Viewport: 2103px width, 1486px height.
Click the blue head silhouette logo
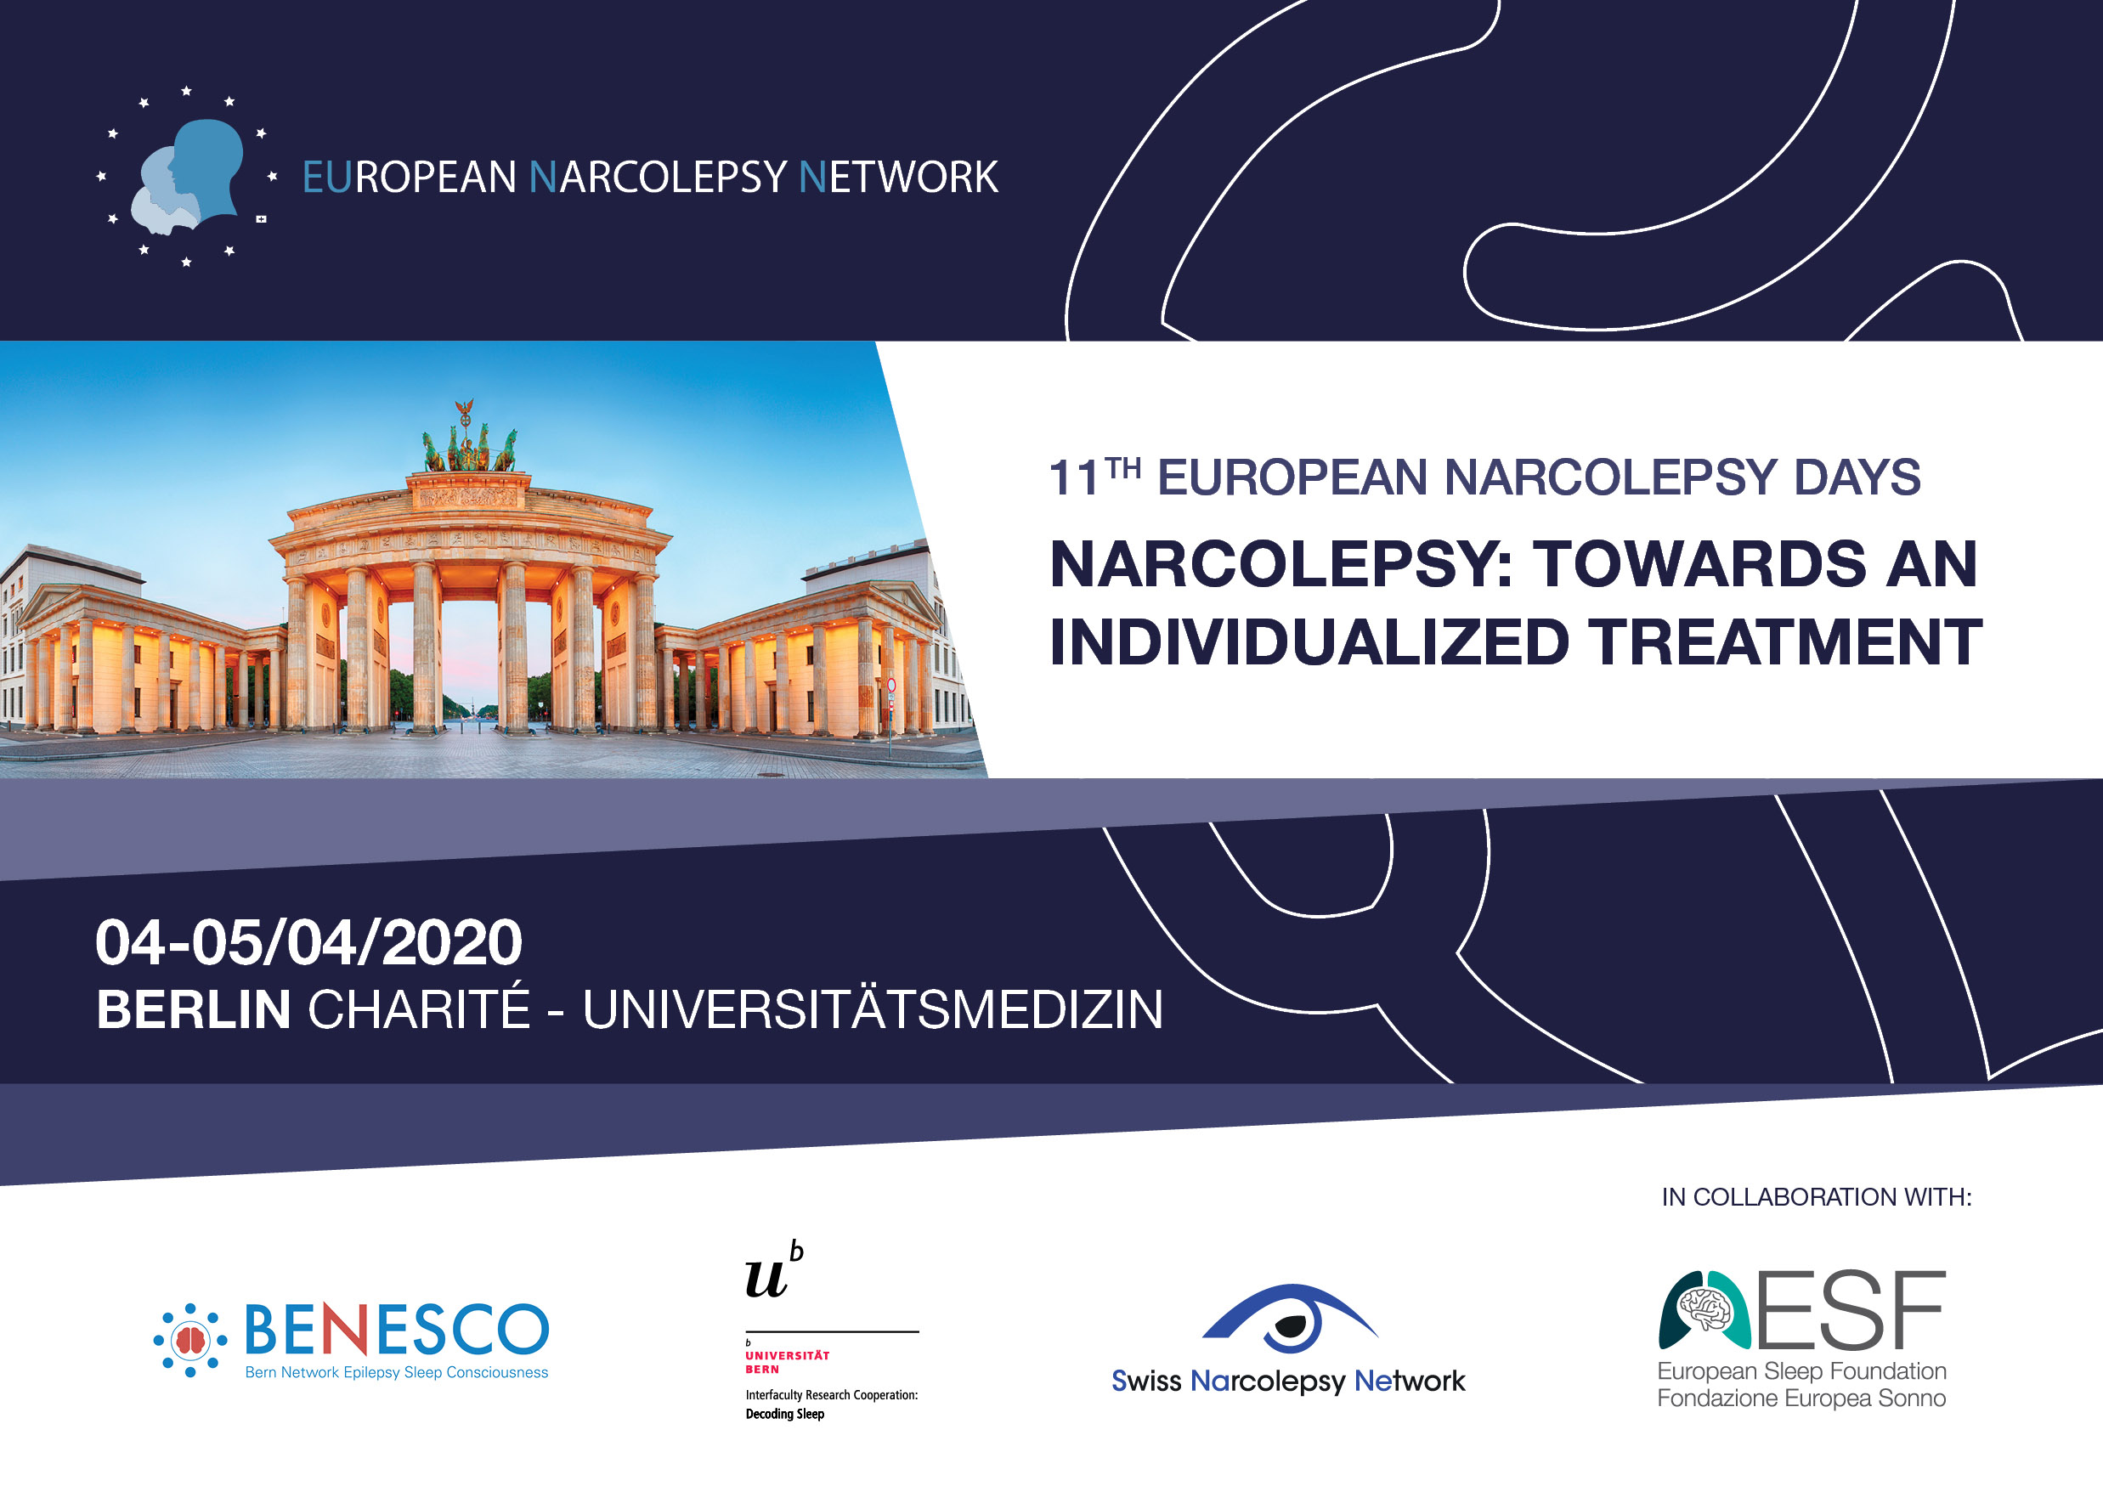(x=188, y=176)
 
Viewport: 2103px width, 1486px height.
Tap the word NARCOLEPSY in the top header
(x=659, y=177)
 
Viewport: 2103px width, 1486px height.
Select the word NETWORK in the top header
(x=898, y=177)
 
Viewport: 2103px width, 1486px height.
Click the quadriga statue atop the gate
(x=469, y=438)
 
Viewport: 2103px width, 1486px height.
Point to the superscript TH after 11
(x=1123, y=469)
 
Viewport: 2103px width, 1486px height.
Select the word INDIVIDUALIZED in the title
(x=1309, y=641)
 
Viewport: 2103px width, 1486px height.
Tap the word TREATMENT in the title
(x=1785, y=641)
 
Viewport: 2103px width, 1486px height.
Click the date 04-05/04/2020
(x=308, y=942)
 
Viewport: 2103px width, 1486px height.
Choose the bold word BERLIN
(x=193, y=1009)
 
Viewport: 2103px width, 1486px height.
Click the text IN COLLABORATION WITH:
(x=1817, y=1196)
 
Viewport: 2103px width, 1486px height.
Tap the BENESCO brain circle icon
(x=189, y=1341)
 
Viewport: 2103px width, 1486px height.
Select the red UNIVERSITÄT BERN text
(x=787, y=1361)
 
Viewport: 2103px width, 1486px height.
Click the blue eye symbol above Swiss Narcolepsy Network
(x=1289, y=1319)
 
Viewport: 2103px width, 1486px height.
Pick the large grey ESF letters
(x=1850, y=1309)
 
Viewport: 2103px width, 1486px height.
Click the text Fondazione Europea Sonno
(x=1801, y=1398)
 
